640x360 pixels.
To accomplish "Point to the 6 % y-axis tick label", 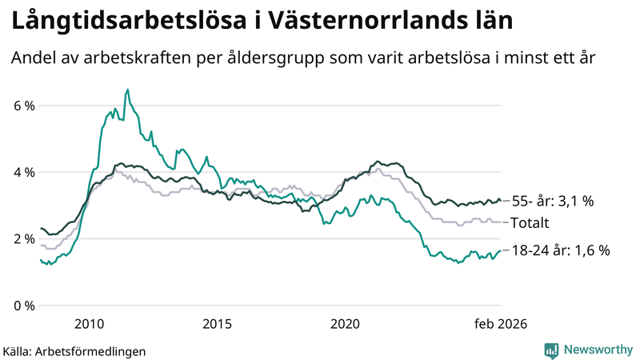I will [23, 106].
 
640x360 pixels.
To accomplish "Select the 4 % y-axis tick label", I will [23, 172].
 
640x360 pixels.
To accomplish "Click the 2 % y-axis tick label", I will [23, 239].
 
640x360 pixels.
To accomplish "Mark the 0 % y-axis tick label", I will [23, 306].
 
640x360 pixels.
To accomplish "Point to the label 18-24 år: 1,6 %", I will [562, 250].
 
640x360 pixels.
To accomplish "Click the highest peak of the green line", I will [127, 90].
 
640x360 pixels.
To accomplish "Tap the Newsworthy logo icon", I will [551, 350].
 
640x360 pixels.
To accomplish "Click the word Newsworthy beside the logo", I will [596, 350].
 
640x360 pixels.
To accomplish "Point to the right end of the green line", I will [501, 250].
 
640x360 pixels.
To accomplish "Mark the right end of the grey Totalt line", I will [501, 222].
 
